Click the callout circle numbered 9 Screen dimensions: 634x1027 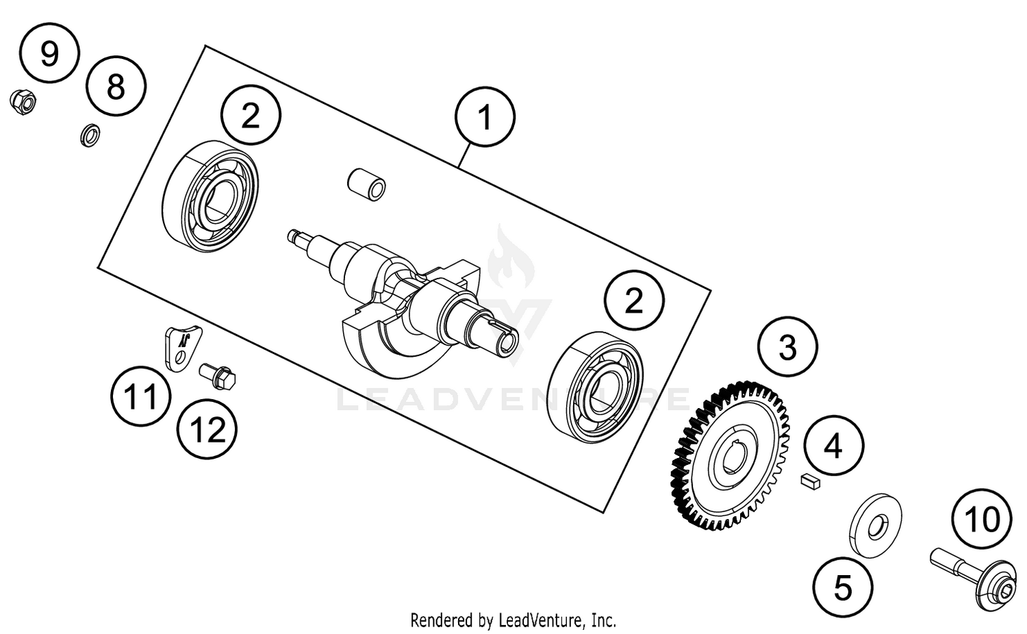pyautogui.click(x=49, y=53)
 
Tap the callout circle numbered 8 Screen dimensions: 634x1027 pyautogui.click(x=116, y=86)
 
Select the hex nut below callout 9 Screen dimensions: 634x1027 pyautogui.click(x=23, y=102)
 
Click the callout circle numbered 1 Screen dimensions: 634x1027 pyautogui.click(x=485, y=116)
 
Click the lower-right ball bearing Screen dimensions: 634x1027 pyautogui.click(x=596, y=388)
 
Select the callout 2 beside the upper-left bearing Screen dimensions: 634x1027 pyautogui.click(x=251, y=114)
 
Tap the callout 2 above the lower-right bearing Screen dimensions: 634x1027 pyautogui.click(x=634, y=300)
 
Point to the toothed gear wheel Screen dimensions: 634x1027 pyautogui.click(x=730, y=456)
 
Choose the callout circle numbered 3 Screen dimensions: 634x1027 pyautogui.click(x=787, y=346)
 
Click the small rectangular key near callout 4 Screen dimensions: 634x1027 pyautogui.click(x=810, y=481)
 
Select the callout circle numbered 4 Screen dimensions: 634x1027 pyautogui.click(x=833, y=446)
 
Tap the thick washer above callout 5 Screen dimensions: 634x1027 pyautogui.click(x=875, y=525)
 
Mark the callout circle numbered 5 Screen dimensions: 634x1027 pyautogui.click(x=843, y=587)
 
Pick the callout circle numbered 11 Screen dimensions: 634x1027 pyautogui.click(x=141, y=396)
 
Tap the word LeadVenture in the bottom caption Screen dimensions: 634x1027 pyautogui.click(x=540, y=620)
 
